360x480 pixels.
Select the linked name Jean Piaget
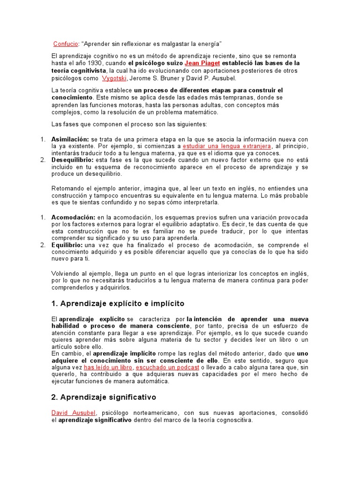click(x=202, y=63)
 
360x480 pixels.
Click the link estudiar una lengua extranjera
click(x=217, y=146)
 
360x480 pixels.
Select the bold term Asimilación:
click(x=69, y=139)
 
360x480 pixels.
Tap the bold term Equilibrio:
click(x=67, y=245)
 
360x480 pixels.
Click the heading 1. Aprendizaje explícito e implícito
click(x=118, y=303)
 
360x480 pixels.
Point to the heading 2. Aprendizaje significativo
click(x=103, y=397)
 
